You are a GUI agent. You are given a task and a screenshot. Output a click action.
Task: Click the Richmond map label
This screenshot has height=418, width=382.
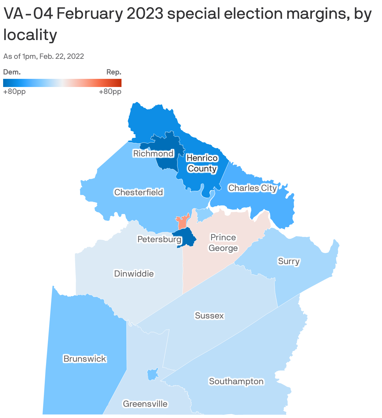click(153, 154)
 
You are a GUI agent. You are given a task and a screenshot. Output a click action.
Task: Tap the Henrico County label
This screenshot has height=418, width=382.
click(202, 163)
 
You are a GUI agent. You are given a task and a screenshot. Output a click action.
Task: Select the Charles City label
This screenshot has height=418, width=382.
click(252, 188)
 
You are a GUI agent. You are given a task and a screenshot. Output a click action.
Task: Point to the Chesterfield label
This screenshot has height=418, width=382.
click(138, 192)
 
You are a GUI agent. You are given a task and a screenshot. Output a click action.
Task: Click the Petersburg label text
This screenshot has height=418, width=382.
click(159, 240)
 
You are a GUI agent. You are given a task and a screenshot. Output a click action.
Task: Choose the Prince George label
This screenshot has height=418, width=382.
click(223, 243)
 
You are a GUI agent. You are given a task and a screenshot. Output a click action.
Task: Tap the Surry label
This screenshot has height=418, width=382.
click(289, 261)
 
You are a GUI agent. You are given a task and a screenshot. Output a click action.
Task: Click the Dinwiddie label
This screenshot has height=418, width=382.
click(134, 274)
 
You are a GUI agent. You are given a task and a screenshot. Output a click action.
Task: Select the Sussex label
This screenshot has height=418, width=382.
click(209, 316)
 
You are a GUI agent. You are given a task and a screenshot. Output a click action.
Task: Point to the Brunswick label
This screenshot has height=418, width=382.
click(85, 359)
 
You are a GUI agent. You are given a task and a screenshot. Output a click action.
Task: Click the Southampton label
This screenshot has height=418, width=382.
click(236, 381)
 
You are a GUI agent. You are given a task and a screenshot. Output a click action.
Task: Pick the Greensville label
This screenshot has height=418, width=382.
click(145, 404)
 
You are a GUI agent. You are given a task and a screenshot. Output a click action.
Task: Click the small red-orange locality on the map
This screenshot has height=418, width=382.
click(182, 222)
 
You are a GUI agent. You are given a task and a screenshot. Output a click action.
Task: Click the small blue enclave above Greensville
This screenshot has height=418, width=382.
click(152, 374)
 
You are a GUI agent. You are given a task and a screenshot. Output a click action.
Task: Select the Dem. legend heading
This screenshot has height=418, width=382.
click(12, 72)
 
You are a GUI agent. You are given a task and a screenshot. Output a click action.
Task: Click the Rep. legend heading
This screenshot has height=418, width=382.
click(114, 72)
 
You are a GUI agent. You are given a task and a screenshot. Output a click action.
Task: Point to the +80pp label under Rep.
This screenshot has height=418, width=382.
click(110, 92)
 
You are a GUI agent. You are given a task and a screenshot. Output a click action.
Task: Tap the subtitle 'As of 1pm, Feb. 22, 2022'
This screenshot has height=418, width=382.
click(44, 56)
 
